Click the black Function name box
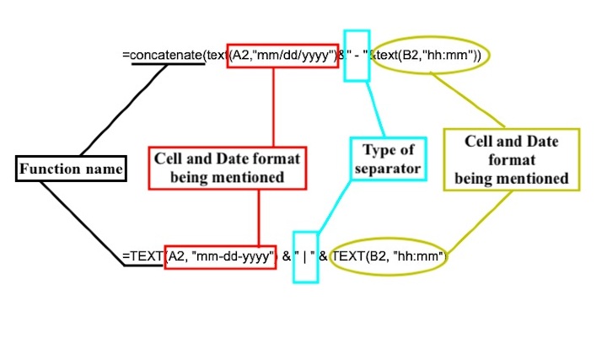[72, 169]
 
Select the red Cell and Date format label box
[226, 167]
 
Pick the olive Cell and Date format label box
[511, 159]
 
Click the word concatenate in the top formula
[167, 56]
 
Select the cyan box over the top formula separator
[356, 55]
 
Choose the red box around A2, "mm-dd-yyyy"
[221, 255]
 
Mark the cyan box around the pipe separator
[304, 256]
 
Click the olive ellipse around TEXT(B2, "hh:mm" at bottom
[389, 256]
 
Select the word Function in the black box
[50, 169]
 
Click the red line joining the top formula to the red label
[274, 105]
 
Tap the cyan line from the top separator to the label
[375, 110]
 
